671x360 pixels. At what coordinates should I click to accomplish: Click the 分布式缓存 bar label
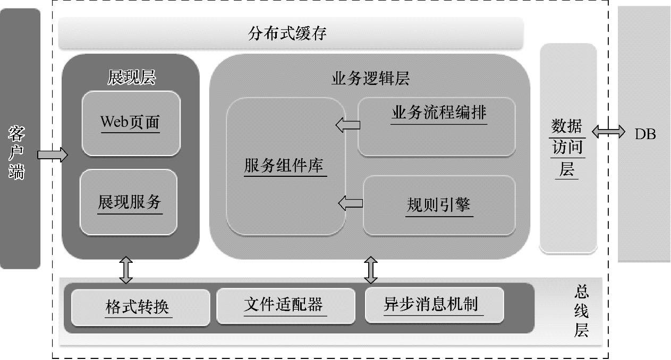(x=287, y=34)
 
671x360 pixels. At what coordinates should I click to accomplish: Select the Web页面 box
(x=130, y=123)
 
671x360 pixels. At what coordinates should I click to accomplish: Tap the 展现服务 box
(x=129, y=202)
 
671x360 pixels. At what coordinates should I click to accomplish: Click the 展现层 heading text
(x=131, y=78)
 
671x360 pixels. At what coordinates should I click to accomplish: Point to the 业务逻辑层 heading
(x=370, y=79)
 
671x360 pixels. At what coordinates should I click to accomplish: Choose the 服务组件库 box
(x=285, y=166)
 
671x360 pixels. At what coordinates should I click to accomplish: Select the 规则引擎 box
(x=439, y=205)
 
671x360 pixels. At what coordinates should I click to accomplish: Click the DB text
(x=645, y=134)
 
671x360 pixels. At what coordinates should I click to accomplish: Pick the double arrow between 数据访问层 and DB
(x=609, y=132)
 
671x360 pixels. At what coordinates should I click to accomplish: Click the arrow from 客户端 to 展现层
(x=53, y=155)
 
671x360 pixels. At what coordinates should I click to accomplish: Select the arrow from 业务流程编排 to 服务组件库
(x=348, y=125)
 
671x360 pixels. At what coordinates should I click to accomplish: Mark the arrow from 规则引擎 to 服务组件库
(x=351, y=202)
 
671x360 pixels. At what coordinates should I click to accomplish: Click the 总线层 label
(x=581, y=311)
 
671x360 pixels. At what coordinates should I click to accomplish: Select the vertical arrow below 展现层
(x=126, y=270)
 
